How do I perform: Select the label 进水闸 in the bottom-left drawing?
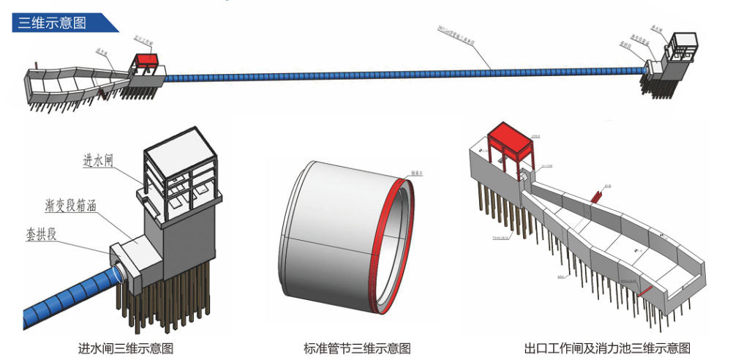(x=100, y=161)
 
